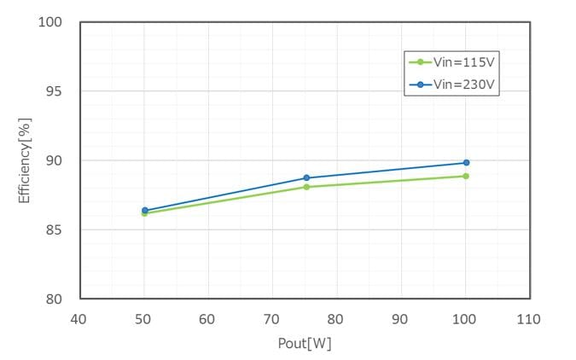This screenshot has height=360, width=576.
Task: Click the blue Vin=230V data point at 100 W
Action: point(466,162)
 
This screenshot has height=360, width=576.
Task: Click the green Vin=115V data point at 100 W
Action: point(466,176)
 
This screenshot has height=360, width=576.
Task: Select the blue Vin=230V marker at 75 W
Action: point(305,177)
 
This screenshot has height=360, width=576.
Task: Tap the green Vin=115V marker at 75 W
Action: point(305,187)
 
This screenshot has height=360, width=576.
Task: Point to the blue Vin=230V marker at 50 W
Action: point(144,210)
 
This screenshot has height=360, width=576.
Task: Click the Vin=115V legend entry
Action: point(451,61)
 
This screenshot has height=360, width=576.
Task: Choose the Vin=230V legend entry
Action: point(451,84)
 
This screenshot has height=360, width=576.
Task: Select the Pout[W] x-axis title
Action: point(305,344)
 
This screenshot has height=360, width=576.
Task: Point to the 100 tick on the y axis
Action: point(53,22)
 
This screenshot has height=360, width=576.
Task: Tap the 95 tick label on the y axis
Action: point(56,91)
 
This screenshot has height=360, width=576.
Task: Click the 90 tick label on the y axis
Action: point(56,160)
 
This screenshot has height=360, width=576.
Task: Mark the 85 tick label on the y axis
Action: point(56,229)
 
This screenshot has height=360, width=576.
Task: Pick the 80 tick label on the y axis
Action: point(56,299)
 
